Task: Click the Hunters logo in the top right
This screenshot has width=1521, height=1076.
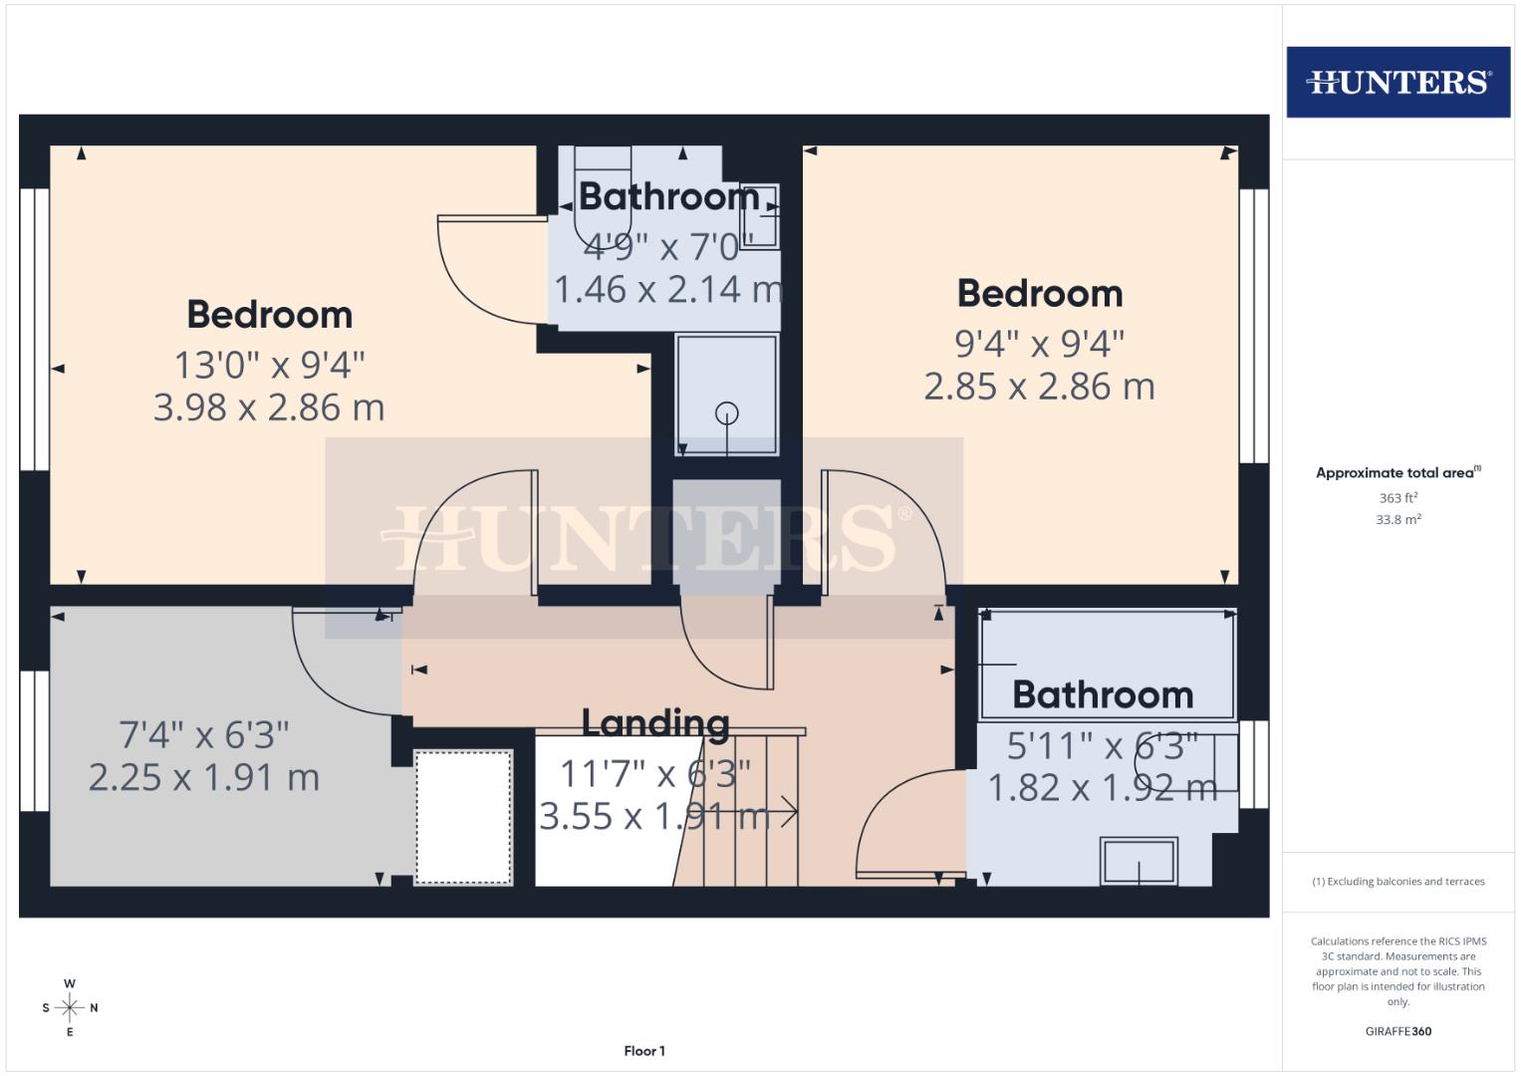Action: (1397, 82)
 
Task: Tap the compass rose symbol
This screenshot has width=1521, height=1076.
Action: (70, 1007)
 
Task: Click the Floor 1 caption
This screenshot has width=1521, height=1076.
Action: (644, 1051)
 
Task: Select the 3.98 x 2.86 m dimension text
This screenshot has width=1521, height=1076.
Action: (269, 407)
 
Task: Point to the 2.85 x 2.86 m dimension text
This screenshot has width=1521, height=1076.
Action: (1039, 387)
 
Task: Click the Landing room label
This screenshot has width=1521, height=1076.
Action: (655, 722)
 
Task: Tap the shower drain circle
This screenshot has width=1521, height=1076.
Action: (727, 411)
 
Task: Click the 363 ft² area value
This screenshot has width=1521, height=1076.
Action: (1397, 498)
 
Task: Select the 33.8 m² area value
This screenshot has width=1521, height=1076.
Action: (1397, 519)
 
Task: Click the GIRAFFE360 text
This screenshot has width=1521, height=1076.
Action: (1397, 1031)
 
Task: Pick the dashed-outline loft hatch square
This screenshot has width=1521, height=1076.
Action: (463, 817)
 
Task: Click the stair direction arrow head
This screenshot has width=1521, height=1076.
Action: (792, 813)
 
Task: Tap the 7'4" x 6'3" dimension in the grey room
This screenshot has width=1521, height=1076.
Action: (204, 735)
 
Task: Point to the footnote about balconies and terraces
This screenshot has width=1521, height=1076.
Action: (1397, 882)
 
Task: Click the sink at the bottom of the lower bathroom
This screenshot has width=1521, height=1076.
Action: (1139, 861)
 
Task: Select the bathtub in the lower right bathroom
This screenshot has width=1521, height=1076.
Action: (1108, 664)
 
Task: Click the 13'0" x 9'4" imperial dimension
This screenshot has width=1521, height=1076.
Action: (269, 365)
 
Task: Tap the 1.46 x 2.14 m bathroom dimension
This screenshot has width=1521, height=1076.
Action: (667, 290)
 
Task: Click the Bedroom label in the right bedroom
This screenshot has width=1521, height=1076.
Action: (1039, 294)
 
